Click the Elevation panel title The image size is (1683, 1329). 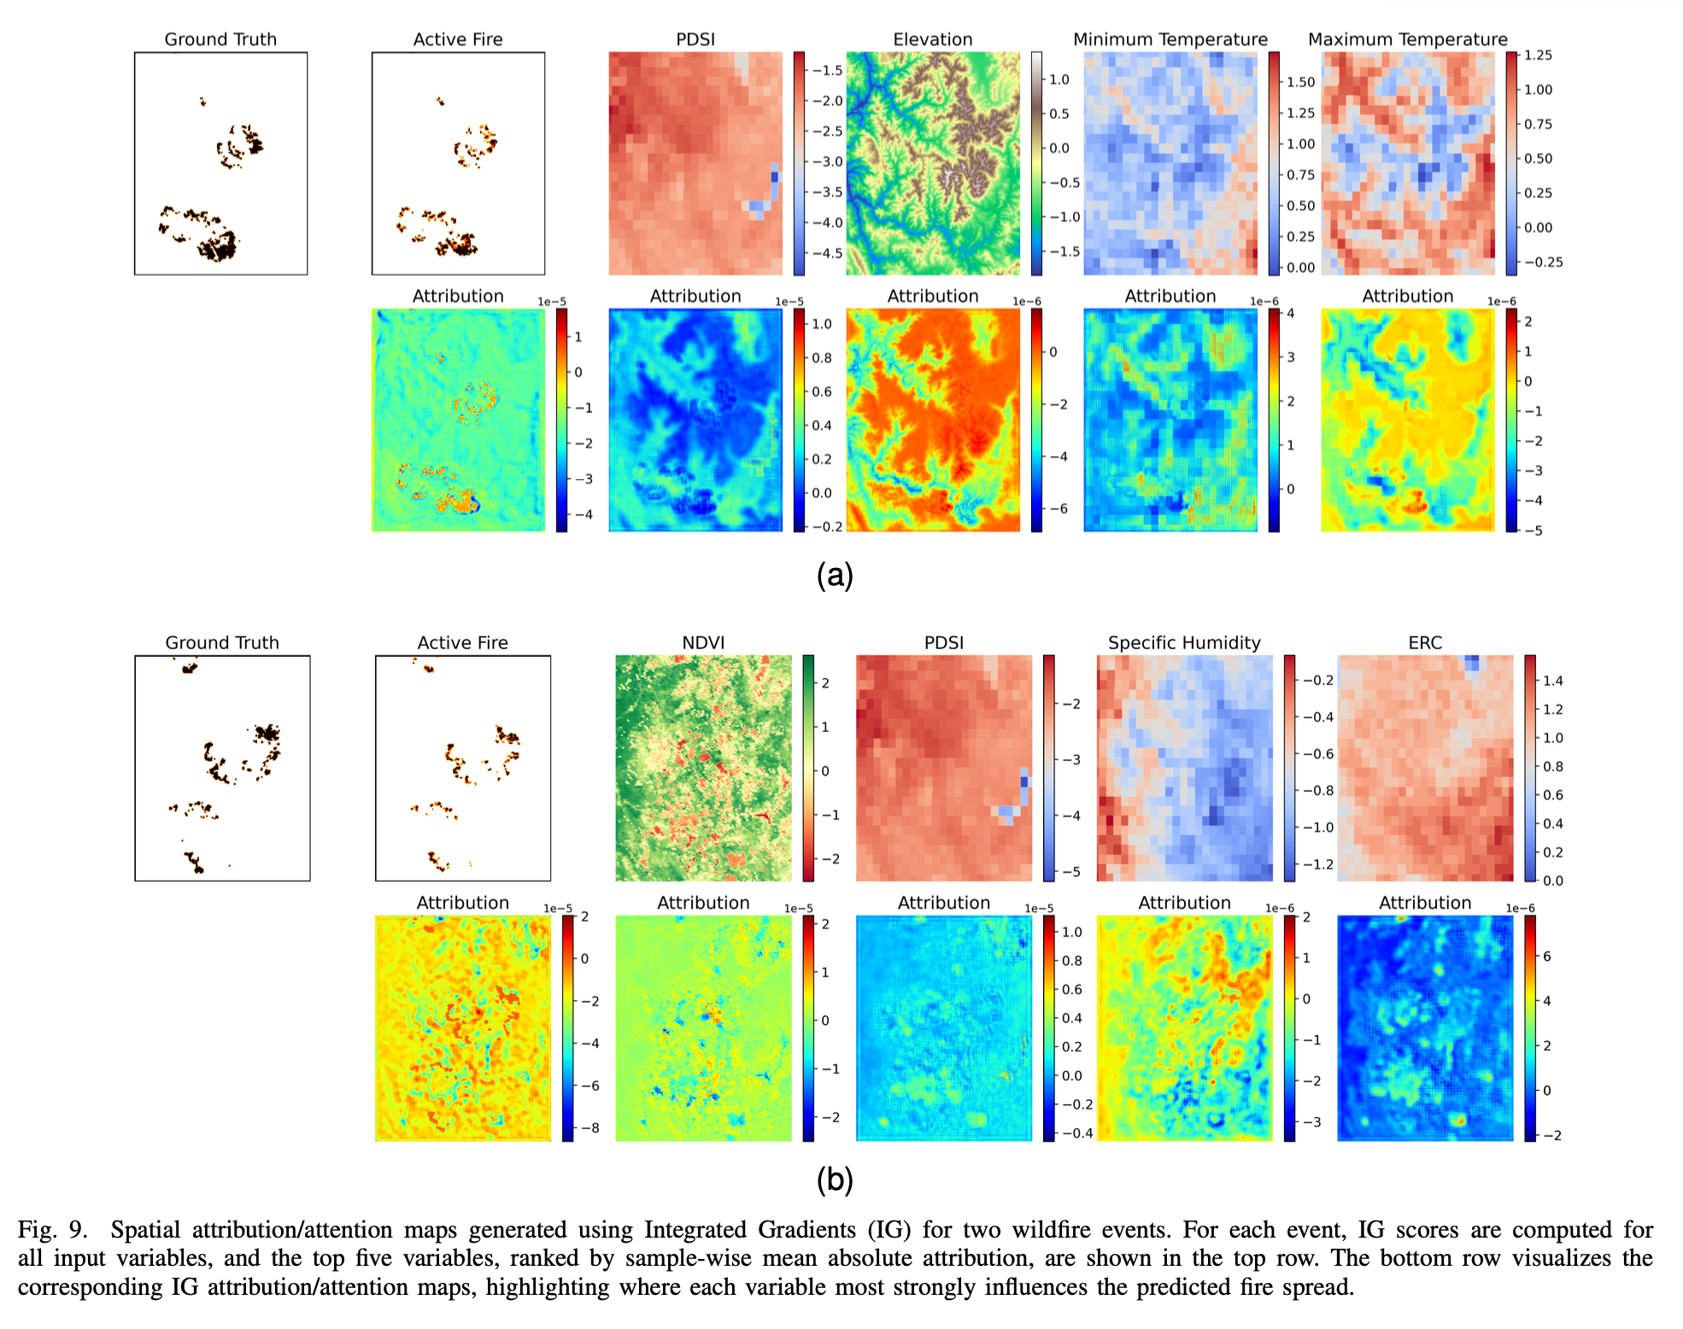[932, 39]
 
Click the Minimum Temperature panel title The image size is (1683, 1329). [1170, 39]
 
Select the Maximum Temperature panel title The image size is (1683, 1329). [1407, 39]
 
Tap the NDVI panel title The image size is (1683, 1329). [703, 642]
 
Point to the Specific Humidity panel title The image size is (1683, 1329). [1184, 642]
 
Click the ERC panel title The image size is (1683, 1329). [1424, 642]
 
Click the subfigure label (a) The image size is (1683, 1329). [835, 576]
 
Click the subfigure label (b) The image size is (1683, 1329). [835, 1180]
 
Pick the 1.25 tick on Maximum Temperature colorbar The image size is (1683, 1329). [1538, 56]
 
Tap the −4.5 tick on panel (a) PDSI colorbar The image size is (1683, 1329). [826, 254]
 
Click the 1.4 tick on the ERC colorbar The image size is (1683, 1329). [1552, 681]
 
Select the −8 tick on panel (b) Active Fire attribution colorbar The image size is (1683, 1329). [590, 1127]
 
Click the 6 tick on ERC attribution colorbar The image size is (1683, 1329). [1546, 957]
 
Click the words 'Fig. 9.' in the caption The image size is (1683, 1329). [52, 1230]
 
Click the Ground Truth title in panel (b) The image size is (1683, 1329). [222, 642]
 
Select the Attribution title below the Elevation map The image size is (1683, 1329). [932, 296]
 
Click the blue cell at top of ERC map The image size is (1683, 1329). [1471, 663]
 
